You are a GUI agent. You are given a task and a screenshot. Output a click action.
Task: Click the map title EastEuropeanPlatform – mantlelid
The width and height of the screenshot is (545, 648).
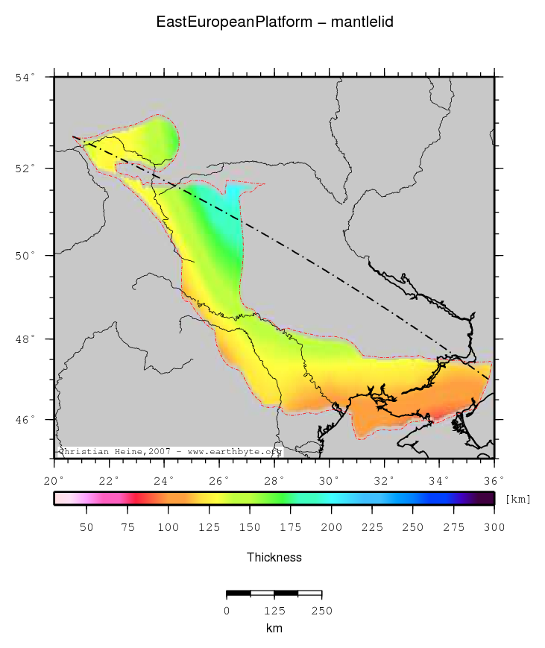pyautogui.click(x=274, y=22)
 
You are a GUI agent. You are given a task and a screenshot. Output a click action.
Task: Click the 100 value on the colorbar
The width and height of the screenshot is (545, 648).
pyautogui.click(x=168, y=528)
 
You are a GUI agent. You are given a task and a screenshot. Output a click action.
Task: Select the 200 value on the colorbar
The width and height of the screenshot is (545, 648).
pyautogui.click(x=331, y=528)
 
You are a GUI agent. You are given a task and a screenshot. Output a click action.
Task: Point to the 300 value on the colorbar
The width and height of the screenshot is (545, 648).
pyautogui.click(x=494, y=528)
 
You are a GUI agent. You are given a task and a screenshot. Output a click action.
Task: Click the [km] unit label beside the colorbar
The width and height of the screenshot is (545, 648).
pyautogui.click(x=517, y=499)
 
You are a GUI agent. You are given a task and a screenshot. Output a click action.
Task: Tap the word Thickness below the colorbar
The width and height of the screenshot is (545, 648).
pyautogui.click(x=274, y=557)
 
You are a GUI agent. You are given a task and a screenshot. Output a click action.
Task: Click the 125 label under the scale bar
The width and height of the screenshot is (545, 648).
pyautogui.click(x=274, y=611)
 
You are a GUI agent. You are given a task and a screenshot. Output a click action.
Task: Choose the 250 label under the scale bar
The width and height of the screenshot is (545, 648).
pyautogui.click(x=321, y=611)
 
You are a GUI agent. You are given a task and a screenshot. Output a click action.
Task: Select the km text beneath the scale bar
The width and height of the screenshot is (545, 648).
pyautogui.click(x=274, y=629)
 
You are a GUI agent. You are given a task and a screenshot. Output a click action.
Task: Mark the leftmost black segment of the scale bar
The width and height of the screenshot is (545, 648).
pyautogui.click(x=239, y=594)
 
